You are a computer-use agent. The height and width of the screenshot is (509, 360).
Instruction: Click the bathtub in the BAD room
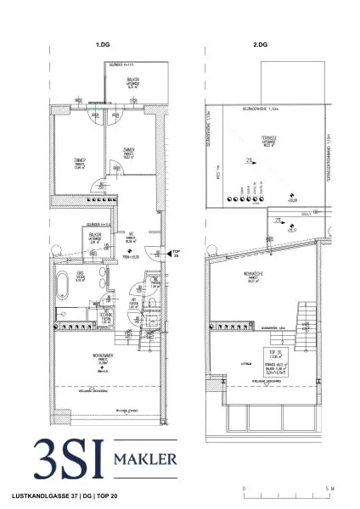(x=65, y=283)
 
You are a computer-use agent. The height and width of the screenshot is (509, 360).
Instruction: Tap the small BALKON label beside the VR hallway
(x=94, y=232)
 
